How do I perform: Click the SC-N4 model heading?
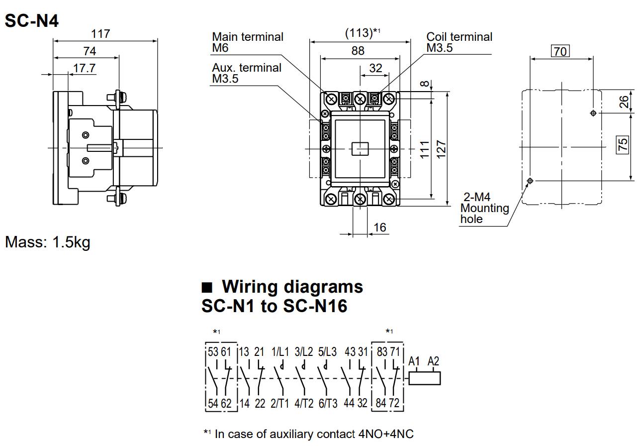32,20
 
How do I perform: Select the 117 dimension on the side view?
100,34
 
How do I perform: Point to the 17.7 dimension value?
85,68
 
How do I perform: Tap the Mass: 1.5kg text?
48,242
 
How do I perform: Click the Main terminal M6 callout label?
247,42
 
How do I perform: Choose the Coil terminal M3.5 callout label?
459,42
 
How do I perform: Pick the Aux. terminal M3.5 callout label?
247,73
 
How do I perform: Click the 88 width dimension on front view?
358,50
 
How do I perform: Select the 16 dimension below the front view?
379,227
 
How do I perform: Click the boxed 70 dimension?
560,51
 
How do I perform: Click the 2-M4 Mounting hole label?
484,208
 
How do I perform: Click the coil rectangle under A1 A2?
425,378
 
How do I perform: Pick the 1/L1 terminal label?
279,352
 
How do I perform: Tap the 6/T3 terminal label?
327,403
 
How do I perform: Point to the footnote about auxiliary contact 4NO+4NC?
308,434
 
